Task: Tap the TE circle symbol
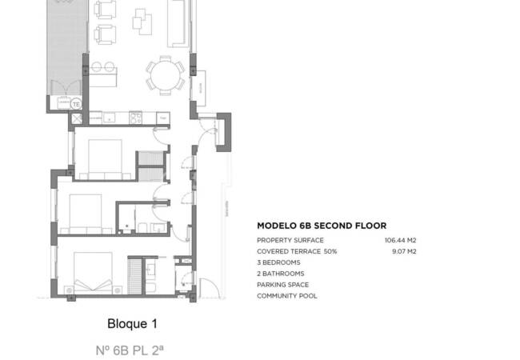pos(76,103)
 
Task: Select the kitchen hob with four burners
pos(136,118)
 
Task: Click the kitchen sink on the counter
pos(100,118)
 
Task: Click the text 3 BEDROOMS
pos(278,262)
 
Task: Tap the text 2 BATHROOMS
pos(281,274)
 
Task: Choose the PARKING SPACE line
pos(282,285)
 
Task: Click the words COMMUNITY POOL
pos(286,296)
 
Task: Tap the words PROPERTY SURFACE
pos(290,240)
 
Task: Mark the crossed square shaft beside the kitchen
pos(78,118)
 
